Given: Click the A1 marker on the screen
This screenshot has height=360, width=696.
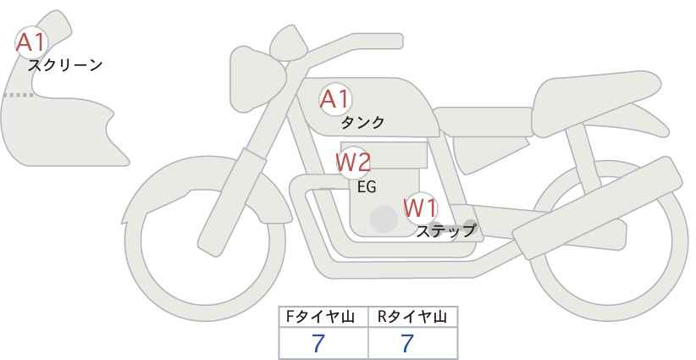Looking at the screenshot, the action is tap(31, 42).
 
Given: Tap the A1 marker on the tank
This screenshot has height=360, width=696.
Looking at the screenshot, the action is tap(335, 100).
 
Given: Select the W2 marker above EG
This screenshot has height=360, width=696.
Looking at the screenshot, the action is tap(353, 163).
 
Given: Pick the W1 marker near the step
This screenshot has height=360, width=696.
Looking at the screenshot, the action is tap(420, 208).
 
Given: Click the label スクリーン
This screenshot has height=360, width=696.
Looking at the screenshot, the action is tap(65, 65).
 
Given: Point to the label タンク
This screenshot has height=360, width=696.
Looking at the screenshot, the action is tap(362, 122).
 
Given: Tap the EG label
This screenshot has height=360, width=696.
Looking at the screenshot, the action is tap(367, 187).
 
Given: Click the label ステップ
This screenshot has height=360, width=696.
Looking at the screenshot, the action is tap(445, 231).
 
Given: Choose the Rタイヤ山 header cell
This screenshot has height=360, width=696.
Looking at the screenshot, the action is tap(413, 317).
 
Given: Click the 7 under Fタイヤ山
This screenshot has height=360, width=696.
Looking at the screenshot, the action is tap(318, 343).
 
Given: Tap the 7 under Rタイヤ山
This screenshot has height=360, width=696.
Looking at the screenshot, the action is tap(407, 343).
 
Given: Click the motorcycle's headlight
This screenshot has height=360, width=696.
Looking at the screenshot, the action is tap(256, 79).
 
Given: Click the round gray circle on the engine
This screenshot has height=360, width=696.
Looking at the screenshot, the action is tap(384, 219).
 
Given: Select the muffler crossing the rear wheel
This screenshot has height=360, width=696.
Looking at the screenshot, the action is tap(597, 208).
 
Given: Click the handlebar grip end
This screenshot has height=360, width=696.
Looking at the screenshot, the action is tap(395, 42).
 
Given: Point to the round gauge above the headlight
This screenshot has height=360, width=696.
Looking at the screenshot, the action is tap(289, 42).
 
